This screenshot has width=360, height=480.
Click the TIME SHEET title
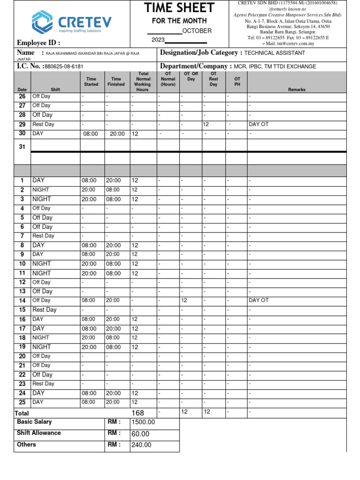(x=179, y=7)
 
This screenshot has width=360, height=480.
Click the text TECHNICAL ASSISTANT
(x=275, y=53)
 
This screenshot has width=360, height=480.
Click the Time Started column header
(x=91, y=82)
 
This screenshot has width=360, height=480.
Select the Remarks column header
(x=297, y=90)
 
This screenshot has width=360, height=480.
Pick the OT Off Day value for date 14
(x=184, y=300)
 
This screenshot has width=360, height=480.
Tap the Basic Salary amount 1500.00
(x=143, y=422)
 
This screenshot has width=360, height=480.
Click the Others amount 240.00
(x=142, y=445)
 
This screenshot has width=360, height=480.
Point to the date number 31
(x=22, y=147)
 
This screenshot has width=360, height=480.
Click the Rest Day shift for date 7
(x=43, y=236)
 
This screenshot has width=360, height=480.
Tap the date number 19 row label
(x=22, y=347)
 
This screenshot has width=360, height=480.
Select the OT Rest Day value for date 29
(x=205, y=124)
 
